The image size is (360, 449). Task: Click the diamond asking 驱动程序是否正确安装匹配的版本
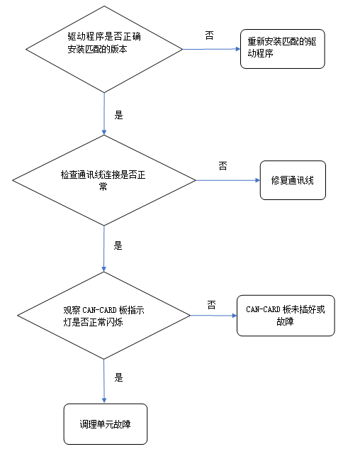tap(104, 48)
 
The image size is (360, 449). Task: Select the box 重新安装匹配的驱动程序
tap(282, 48)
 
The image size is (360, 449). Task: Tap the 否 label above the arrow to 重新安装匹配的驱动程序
tap(210, 35)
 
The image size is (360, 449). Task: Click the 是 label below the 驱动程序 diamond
tap(118, 113)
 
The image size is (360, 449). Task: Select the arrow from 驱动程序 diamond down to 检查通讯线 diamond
tap(104, 113)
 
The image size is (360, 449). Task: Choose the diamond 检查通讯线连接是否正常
tap(104, 179)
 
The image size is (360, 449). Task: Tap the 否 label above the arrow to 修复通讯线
tap(223, 166)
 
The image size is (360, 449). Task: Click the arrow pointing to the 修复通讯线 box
tap(227, 179)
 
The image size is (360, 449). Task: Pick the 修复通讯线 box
tap(292, 179)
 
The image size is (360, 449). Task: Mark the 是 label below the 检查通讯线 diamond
tap(118, 246)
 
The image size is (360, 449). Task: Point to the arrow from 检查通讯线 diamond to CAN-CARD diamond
tap(104, 248)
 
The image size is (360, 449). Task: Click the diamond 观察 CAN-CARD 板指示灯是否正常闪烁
tap(104, 314)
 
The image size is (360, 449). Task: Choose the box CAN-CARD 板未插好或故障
tap(285, 315)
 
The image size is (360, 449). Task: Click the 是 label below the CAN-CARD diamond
tap(118, 378)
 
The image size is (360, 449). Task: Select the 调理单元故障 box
tap(105, 423)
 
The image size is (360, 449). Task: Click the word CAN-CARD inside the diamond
tap(104, 309)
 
